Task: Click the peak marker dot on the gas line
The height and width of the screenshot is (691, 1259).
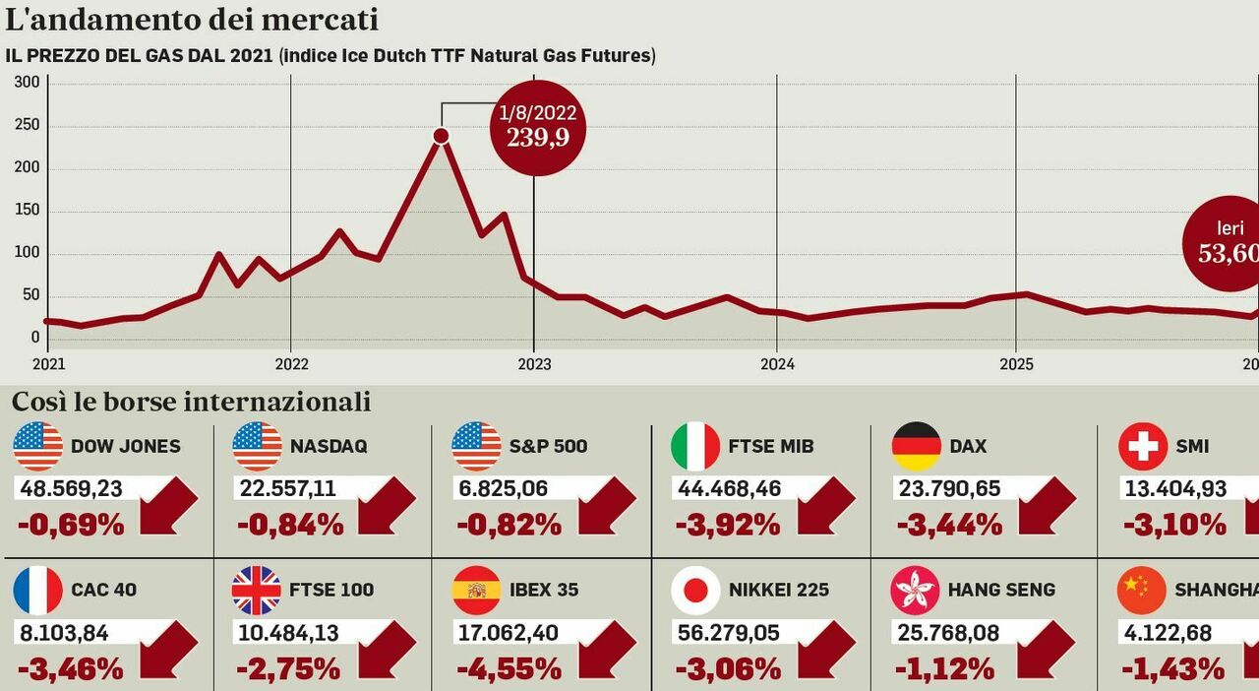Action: pyautogui.click(x=441, y=136)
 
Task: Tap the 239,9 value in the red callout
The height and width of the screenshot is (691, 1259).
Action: pyautogui.click(x=538, y=138)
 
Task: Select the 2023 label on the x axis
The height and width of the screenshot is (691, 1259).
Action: pyautogui.click(x=535, y=364)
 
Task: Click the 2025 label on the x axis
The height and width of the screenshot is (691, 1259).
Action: pyautogui.click(x=1016, y=364)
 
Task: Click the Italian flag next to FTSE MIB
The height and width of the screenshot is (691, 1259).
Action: pyautogui.click(x=695, y=446)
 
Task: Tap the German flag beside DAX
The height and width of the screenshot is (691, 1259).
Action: pyautogui.click(x=916, y=446)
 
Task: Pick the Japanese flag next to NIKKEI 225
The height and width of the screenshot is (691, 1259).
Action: pyautogui.click(x=695, y=591)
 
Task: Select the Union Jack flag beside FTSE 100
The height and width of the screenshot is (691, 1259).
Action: pyautogui.click(x=256, y=591)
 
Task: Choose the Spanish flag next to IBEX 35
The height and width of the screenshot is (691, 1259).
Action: pyautogui.click(x=476, y=591)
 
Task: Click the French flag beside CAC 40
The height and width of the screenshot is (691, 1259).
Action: pyautogui.click(x=37, y=591)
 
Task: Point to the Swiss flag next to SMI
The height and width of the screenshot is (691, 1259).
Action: pyautogui.click(x=1142, y=446)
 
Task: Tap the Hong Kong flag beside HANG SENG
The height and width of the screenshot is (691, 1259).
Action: pyautogui.click(x=915, y=591)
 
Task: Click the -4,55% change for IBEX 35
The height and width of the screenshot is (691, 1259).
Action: pyautogui.click(x=510, y=669)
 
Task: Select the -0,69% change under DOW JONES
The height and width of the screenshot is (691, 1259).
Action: pyautogui.click(x=71, y=525)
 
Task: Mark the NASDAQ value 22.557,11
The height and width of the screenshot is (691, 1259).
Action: pyautogui.click(x=286, y=488)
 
